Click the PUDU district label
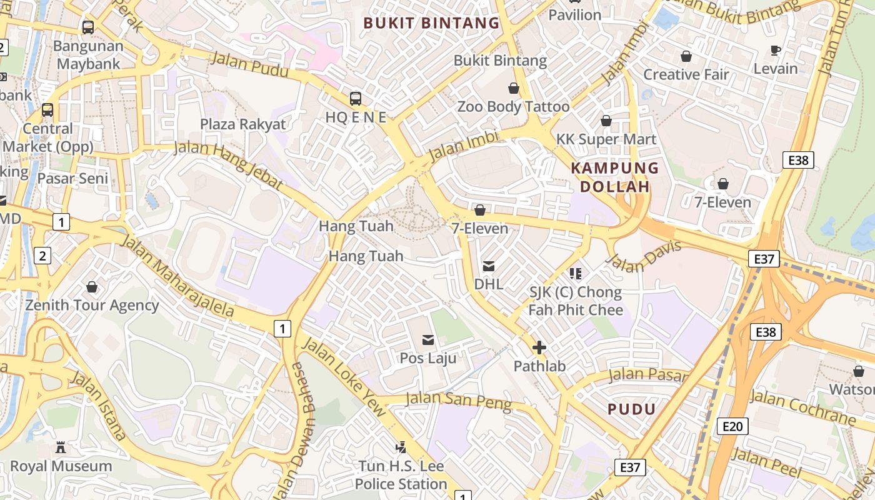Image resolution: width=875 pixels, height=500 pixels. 632,409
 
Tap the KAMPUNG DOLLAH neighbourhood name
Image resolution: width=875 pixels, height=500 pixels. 615,177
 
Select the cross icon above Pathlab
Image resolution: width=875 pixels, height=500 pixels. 539,347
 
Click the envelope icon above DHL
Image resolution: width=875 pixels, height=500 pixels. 489,266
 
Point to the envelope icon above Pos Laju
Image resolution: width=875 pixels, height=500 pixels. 428,340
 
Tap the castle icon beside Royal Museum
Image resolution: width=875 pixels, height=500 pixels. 61,447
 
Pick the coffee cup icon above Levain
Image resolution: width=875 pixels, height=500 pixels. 776,50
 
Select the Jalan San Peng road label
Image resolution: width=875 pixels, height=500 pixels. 458,401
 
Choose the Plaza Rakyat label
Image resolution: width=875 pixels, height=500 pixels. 242,124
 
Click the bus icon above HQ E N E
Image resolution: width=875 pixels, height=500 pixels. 355,98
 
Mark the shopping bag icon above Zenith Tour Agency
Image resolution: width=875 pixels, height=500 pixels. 92,287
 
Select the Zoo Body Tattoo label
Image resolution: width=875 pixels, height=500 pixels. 513,106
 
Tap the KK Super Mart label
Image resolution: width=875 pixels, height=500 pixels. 606,139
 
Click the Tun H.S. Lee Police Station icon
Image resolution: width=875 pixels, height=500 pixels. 401,447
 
